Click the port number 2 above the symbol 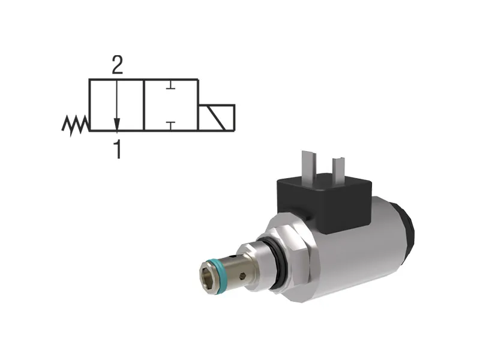[117, 65]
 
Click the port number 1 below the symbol [118, 149]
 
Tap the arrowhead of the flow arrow [117, 125]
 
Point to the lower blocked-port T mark [170, 124]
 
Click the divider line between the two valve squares [143, 105]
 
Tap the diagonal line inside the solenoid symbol [216, 118]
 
